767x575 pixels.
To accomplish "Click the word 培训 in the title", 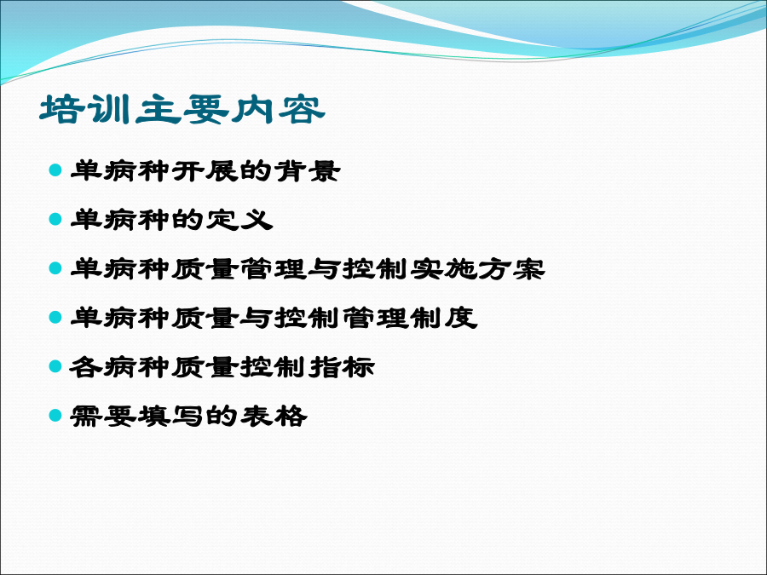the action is click(x=85, y=109).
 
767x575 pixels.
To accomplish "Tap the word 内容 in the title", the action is click(x=277, y=109).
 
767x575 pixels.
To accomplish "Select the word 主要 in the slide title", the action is click(x=182, y=109).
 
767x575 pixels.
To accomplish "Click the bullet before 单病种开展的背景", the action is click(x=55, y=170).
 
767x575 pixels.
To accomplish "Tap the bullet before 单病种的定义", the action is click(x=55, y=219).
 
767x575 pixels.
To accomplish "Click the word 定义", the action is click(x=239, y=220).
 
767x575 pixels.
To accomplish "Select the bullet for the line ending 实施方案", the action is click(x=55, y=268).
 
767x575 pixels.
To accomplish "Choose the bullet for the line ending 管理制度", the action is click(x=55, y=318).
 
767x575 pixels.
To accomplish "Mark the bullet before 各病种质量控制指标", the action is click(x=55, y=366).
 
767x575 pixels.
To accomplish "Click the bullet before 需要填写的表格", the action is click(x=55, y=416).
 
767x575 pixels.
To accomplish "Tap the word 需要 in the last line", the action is click(x=103, y=416).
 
